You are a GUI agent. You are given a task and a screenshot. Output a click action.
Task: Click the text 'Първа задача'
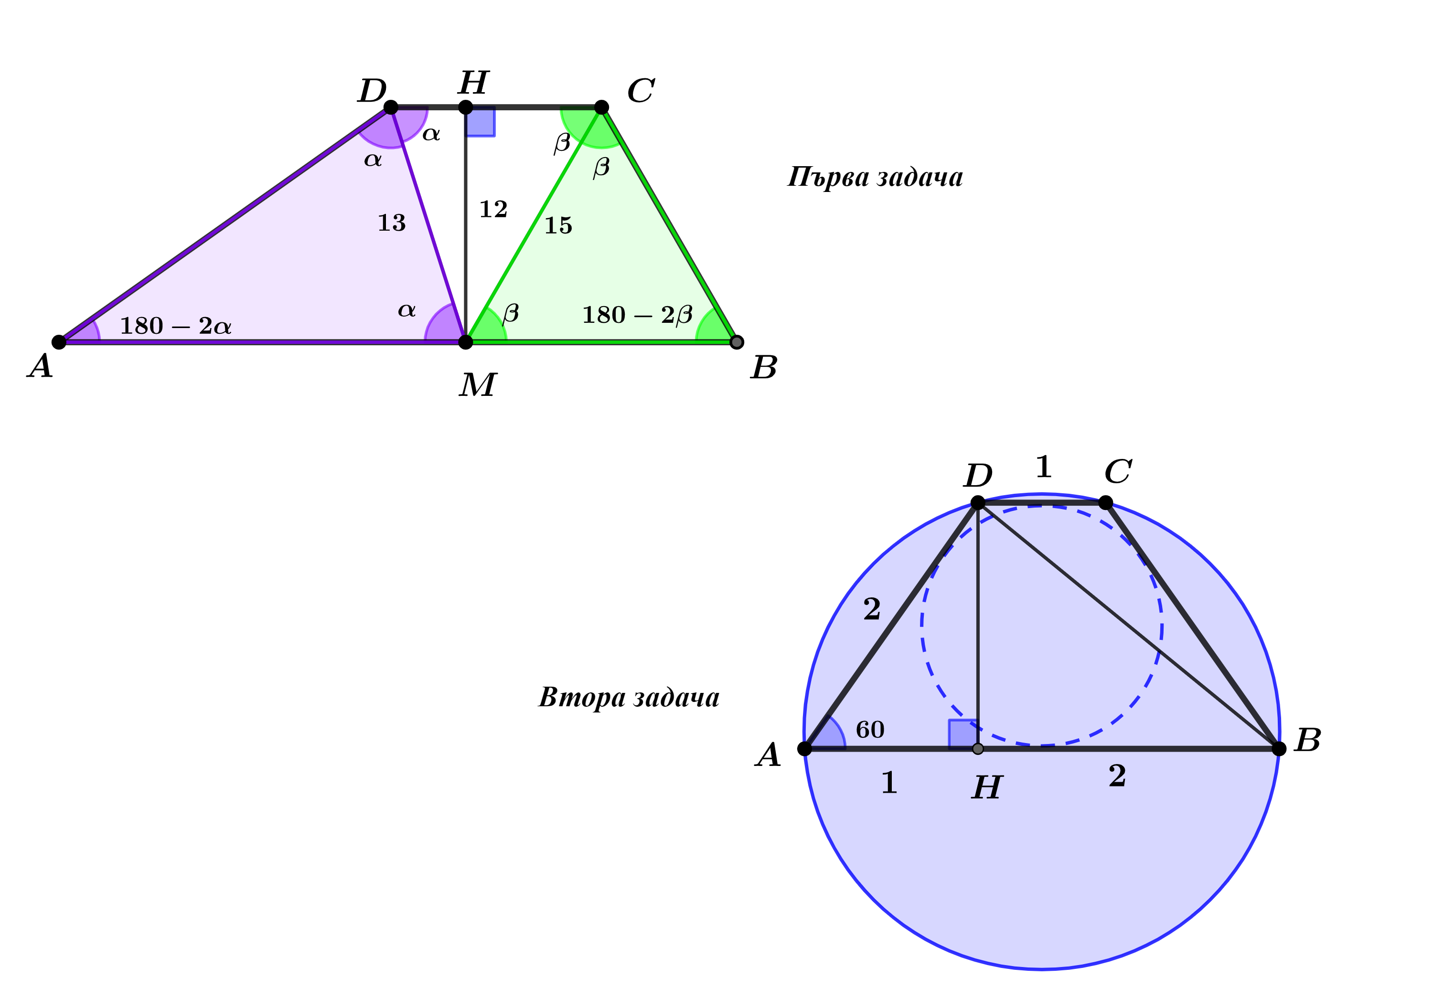point(875,178)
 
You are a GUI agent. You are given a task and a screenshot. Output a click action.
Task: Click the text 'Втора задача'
point(629,698)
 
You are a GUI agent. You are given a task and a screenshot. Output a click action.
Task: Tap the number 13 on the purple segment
point(391,223)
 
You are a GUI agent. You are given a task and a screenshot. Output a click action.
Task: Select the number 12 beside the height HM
point(493,209)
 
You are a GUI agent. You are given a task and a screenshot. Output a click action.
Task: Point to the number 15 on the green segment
point(558,225)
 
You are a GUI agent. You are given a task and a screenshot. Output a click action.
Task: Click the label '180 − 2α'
point(176,326)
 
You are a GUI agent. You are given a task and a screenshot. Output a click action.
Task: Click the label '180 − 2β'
point(637,315)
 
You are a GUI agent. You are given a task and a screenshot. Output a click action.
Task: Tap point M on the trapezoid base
point(466,342)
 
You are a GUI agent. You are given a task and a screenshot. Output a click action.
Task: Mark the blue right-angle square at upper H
point(481,121)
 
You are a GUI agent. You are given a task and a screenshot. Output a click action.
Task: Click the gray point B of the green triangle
point(736,342)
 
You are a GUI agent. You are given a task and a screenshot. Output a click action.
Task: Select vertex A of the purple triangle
point(59,342)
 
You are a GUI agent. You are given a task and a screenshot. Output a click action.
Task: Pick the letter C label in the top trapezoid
point(641,91)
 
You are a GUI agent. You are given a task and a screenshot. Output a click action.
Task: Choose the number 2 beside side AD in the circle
point(871,609)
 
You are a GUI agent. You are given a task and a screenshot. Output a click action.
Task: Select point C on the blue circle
point(1105,503)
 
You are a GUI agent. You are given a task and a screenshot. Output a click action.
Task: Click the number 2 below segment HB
point(1117,776)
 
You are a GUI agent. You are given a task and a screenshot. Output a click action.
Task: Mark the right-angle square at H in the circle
point(963,734)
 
